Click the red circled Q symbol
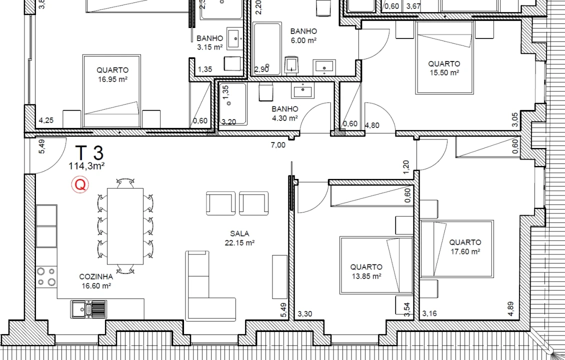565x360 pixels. pos(80,185)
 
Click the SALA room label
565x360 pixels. pos(239,233)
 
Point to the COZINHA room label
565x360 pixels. pos(96,276)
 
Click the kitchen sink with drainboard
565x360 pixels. pos(88,308)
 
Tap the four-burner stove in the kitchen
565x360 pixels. pos(46,276)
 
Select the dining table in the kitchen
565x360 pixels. pos(125,226)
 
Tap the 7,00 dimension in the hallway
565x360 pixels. pos(277,145)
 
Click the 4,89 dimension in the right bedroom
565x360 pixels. pos(510,308)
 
